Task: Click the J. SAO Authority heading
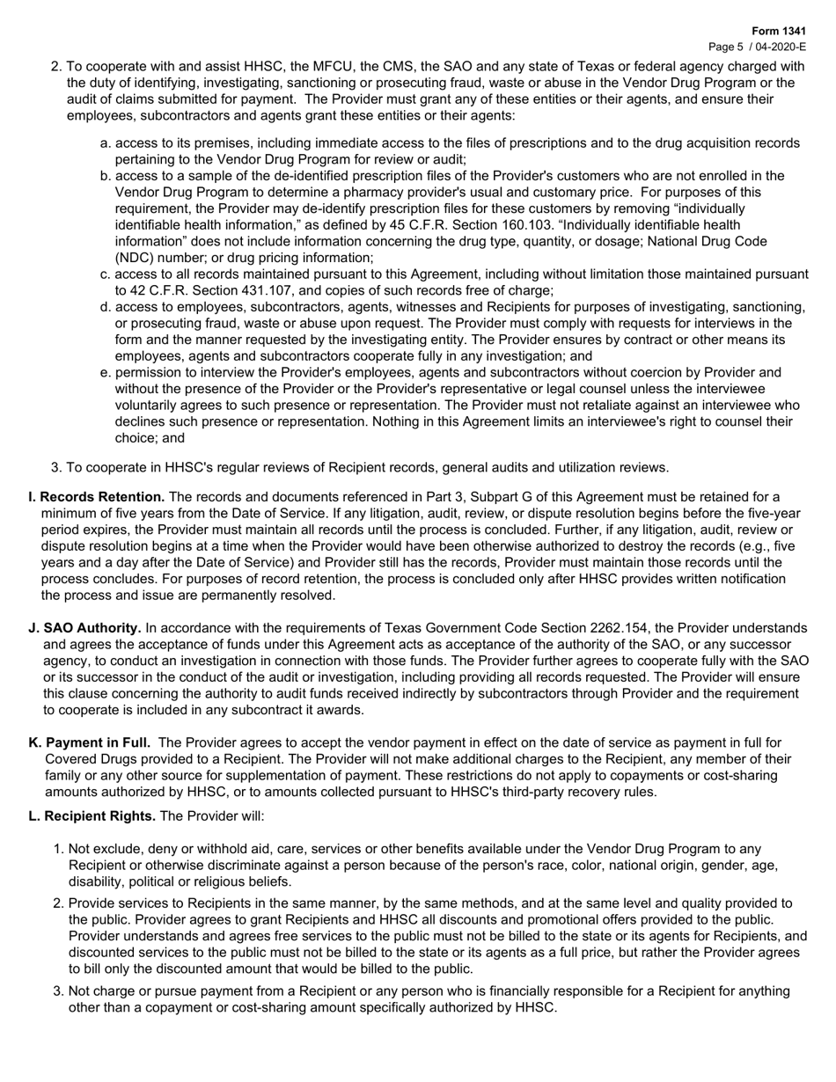[85, 628]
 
